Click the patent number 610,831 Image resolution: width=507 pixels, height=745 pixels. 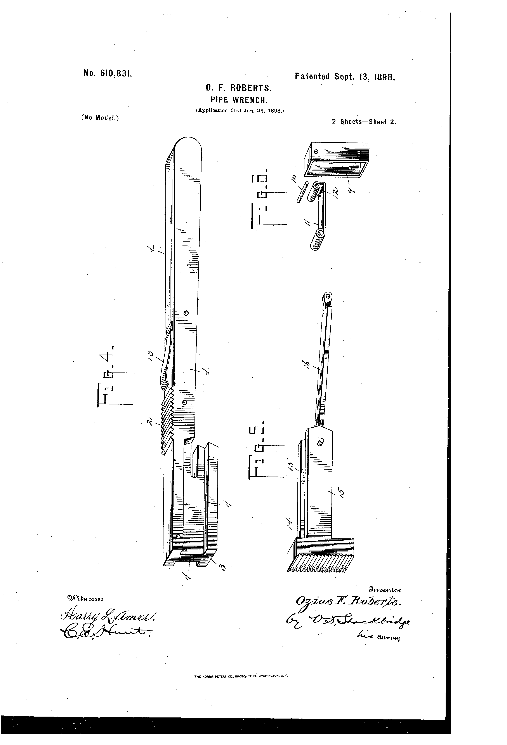tap(107, 74)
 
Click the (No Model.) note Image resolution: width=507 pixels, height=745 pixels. tap(100, 118)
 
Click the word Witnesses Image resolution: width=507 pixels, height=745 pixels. tap(85, 598)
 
